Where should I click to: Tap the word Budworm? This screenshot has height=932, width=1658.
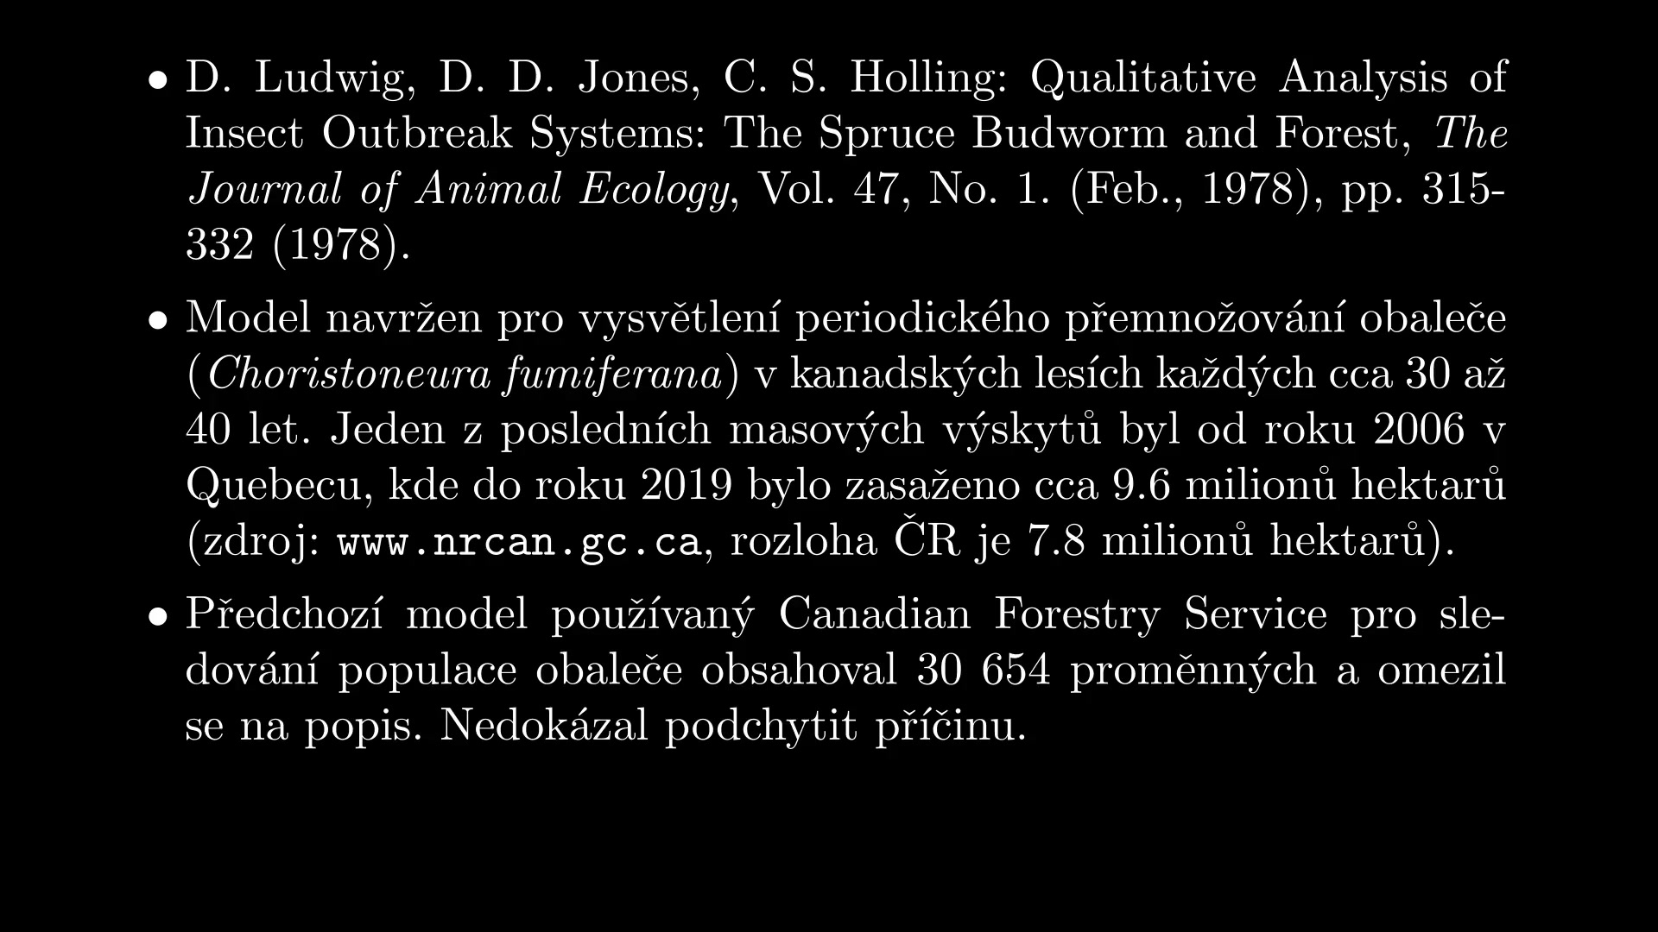pyautogui.click(x=1068, y=134)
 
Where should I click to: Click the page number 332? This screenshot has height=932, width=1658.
pyautogui.click(x=220, y=245)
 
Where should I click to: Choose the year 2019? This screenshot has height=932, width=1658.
pyautogui.click(x=686, y=485)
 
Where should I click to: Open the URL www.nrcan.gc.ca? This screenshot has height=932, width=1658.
pyautogui.click(x=518, y=542)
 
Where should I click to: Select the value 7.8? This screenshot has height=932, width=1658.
pyautogui.click(x=1055, y=541)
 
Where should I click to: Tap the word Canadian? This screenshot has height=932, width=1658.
pyautogui.click(x=875, y=614)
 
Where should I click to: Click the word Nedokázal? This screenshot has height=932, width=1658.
pyautogui.click(x=544, y=726)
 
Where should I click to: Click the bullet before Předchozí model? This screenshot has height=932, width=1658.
pyautogui.click(x=156, y=616)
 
